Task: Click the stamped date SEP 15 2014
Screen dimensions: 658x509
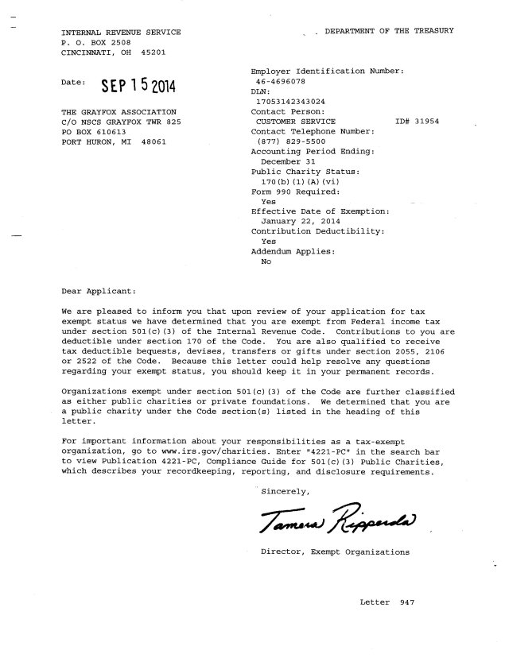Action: [x=136, y=86]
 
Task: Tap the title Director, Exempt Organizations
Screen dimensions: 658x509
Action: [x=335, y=551]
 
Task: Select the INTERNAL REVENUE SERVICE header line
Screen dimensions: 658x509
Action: [x=120, y=32]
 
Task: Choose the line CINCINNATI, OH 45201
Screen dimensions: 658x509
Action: [x=114, y=53]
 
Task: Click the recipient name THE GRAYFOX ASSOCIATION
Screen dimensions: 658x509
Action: [x=119, y=112]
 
